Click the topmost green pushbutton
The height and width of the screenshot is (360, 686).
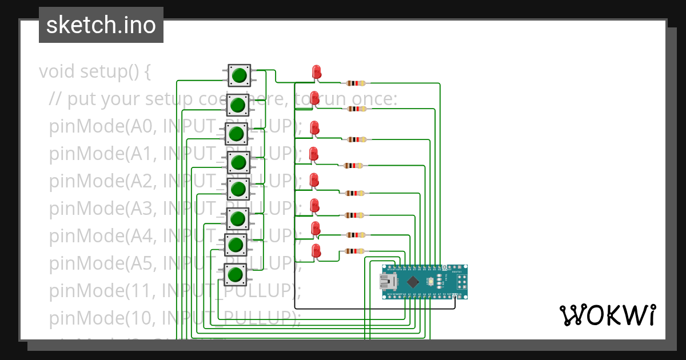click(x=239, y=75)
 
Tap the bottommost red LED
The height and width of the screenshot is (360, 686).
click(x=316, y=250)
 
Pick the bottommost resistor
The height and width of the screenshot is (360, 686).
click(x=354, y=251)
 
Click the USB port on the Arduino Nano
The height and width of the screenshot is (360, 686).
click(x=389, y=281)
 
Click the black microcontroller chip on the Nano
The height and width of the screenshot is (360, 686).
click(x=412, y=281)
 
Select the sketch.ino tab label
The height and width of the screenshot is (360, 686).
click(x=101, y=25)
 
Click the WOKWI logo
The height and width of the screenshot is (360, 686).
click(x=607, y=315)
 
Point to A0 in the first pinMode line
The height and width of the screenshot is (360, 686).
click(x=142, y=126)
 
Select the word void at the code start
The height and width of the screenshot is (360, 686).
click(x=57, y=72)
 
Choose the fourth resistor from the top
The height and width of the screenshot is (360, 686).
click(x=353, y=166)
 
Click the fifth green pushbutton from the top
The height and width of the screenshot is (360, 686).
click(x=238, y=189)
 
